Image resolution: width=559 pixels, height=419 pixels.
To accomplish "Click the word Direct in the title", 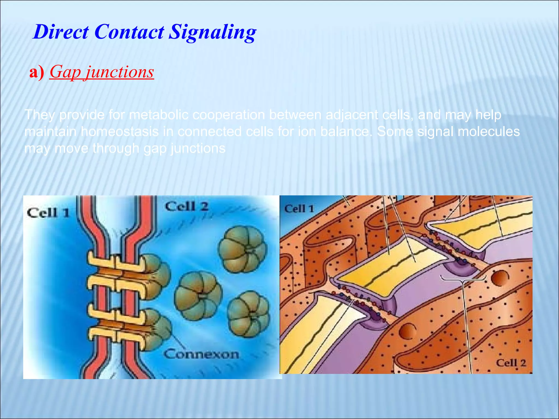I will click(61, 32).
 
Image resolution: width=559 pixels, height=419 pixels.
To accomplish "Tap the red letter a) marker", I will click(37, 72).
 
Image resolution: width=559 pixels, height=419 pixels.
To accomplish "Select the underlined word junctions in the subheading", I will click(120, 72).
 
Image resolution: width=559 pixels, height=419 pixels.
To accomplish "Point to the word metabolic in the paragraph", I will click(159, 115).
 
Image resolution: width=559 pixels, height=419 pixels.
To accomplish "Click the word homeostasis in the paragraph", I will click(120, 132).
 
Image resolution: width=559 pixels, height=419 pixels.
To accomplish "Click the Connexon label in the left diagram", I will click(201, 354).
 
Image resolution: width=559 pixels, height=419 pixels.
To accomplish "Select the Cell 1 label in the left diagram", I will click(48, 213).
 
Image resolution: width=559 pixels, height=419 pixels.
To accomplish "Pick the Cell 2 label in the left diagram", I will click(186, 206).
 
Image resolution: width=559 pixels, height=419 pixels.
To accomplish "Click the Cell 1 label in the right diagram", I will click(299, 209).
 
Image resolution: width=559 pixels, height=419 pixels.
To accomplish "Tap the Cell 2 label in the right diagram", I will click(510, 363).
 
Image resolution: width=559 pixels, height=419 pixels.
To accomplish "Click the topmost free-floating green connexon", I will click(242, 249).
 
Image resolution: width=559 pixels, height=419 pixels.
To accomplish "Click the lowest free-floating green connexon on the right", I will click(249, 313).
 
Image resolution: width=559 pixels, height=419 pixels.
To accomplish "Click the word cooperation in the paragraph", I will click(228, 115).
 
